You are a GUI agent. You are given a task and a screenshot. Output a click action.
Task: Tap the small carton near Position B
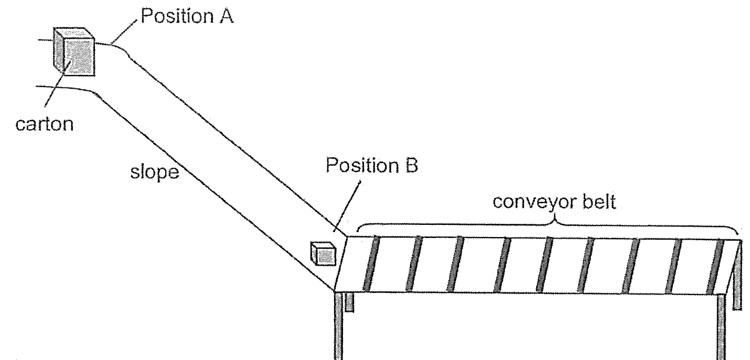pos(322,253)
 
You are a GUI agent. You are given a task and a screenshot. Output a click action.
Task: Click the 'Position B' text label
pos(372,165)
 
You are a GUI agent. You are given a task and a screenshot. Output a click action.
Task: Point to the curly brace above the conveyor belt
pos(549,224)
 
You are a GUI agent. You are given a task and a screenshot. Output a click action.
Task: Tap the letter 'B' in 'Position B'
pos(410,165)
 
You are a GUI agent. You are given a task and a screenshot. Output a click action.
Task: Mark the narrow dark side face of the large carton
pos(59,50)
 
